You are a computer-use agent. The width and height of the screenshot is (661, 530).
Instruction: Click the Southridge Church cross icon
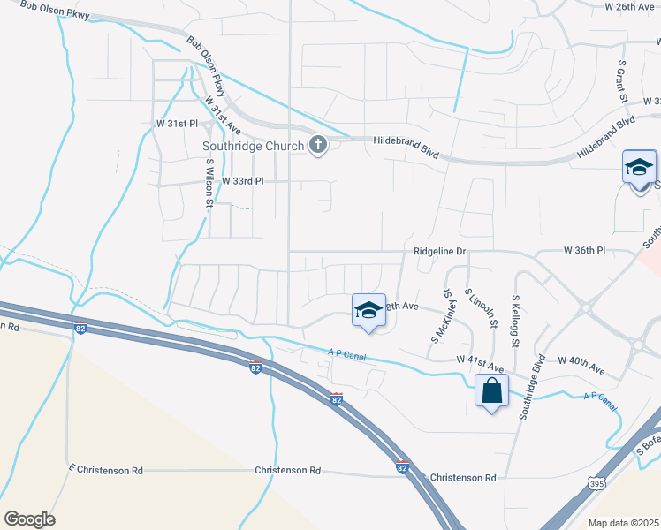pyautogui.click(x=317, y=146)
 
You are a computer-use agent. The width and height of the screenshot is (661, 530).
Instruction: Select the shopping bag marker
pyautogui.click(x=491, y=391)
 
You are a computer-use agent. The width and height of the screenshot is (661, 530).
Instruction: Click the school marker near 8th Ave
pyautogui.click(x=368, y=310)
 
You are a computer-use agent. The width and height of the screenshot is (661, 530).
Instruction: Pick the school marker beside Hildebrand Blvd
pyautogui.click(x=639, y=167)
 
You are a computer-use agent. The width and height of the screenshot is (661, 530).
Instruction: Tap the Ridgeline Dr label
pyautogui.click(x=439, y=252)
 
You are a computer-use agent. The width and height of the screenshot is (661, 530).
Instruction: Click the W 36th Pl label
pyautogui.click(x=584, y=251)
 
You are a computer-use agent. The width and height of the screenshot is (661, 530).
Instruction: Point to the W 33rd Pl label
pyautogui.click(x=243, y=180)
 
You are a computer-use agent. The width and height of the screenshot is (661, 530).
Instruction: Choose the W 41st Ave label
pyautogui.click(x=480, y=360)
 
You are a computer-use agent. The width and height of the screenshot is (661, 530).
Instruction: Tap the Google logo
pyautogui.click(x=29, y=519)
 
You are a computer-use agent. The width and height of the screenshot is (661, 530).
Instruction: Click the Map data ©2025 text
pyautogui.click(x=622, y=523)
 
